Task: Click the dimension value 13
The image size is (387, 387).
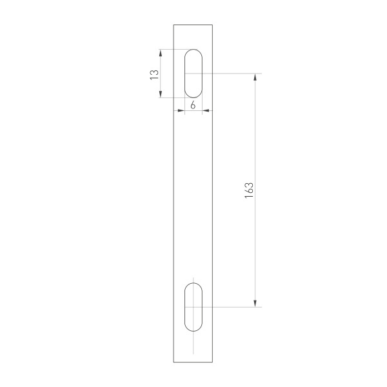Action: (x=154, y=74)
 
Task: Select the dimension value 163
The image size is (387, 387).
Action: (x=248, y=191)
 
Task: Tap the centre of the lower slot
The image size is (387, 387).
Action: (x=193, y=307)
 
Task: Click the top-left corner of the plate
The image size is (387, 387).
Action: (x=174, y=25)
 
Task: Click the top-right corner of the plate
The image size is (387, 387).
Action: (x=213, y=25)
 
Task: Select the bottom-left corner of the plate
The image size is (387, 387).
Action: (x=174, y=362)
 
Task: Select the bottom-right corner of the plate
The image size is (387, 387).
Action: (x=213, y=362)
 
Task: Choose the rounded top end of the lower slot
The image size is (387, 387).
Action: (x=193, y=284)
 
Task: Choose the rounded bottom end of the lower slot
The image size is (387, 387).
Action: (x=193, y=330)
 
